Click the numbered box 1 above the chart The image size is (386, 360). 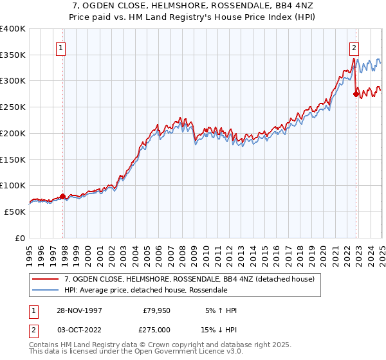click(x=60, y=46)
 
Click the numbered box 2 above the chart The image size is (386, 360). click(x=354, y=46)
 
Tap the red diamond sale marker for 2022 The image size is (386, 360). click(x=356, y=94)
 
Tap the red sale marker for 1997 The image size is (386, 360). click(x=62, y=196)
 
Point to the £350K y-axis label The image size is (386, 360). click(x=14, y=55)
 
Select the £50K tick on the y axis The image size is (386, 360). click(x=16, y=212)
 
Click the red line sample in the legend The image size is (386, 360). click(x=46, y=280)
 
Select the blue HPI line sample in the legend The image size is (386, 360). click(x=46, y=290)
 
